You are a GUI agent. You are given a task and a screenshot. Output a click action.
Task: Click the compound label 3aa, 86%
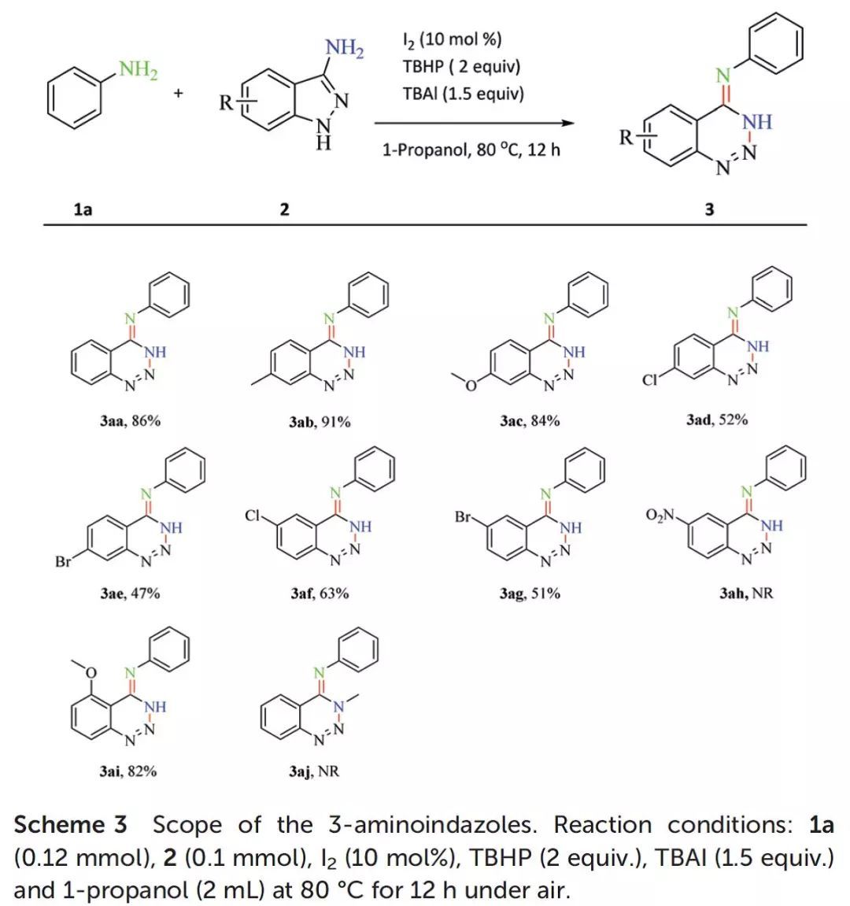130,421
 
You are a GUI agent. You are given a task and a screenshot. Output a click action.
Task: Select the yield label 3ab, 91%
320,422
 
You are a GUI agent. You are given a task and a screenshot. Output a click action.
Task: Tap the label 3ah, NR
746,593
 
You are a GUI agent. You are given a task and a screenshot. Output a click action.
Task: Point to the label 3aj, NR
313,771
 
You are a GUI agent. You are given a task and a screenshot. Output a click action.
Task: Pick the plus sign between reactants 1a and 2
179,94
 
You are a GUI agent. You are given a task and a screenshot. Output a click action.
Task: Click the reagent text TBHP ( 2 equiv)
461,67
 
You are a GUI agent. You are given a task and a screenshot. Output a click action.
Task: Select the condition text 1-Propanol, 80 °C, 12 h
471,149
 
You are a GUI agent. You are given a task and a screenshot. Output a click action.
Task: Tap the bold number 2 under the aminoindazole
284,209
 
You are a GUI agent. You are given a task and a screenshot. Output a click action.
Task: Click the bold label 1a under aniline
83,209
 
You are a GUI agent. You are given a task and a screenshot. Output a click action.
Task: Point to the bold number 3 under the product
710,209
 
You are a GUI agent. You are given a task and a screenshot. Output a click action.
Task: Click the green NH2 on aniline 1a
139,70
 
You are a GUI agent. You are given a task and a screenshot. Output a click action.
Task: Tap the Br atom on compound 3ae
64,562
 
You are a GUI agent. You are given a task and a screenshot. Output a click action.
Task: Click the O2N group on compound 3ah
660,516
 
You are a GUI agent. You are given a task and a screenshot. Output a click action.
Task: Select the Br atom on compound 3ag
463,517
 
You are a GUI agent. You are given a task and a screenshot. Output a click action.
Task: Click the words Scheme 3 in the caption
70,825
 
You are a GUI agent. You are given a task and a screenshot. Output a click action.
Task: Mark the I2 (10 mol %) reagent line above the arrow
452,39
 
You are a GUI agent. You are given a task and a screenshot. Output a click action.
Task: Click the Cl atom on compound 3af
253,516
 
